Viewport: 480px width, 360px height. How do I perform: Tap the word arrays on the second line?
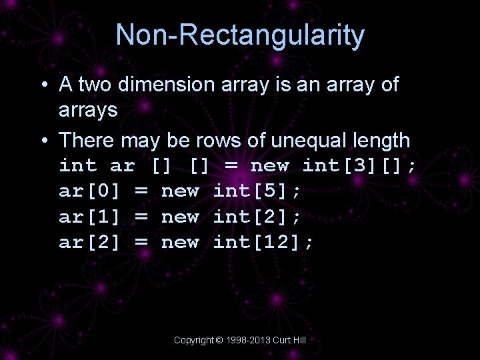click(x=88, y=110)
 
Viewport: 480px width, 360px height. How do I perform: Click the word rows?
click(x=218, y=140)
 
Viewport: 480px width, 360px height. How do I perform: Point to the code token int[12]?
click(x=263, y=242)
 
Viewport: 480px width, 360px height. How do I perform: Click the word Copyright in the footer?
click(x=194, y=340)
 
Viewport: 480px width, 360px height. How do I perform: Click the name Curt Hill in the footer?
click(x=291, y=340)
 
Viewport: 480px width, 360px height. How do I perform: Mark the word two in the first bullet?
click(x=93, y=85)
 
